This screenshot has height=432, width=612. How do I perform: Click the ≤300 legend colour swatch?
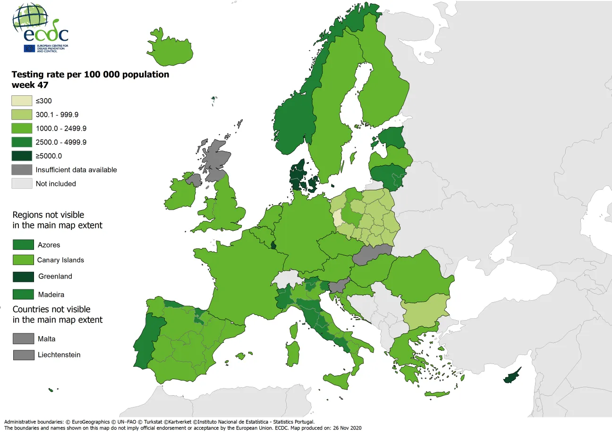coord(22,101)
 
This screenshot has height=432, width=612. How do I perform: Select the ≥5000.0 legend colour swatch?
coord(22,156)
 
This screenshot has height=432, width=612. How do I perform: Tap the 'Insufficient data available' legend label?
coord(76,169)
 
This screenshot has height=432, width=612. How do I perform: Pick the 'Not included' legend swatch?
coord(22,184)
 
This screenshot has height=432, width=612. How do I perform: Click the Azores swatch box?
coord(23,245)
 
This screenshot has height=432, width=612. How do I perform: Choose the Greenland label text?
coord(55,276)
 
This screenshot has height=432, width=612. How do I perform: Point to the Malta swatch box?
coord(23,339)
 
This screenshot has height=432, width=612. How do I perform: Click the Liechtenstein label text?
coord(59,355)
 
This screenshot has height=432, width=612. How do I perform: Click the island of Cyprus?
coord(511,376)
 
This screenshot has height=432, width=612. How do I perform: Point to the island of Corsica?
coord(294,330)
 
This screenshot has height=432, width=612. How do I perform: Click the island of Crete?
coord(437,394)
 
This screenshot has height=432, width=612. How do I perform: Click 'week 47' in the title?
coord(30,85)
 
